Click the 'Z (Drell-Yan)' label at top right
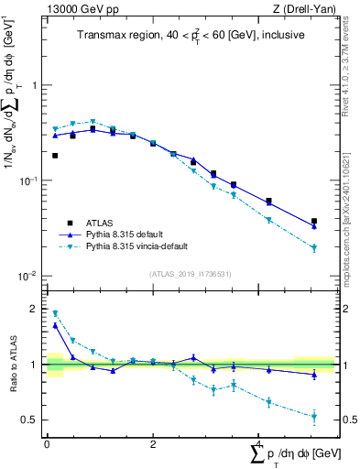[x=303, y=8]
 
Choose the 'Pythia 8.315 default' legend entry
[x=128, y=234]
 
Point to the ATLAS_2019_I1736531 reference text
[x=191, y=274]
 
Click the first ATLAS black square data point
[x=55, y=156]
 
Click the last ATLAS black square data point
[x=314, y=221]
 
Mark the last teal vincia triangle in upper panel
[x=314, y=248]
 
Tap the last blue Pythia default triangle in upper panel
[x=314, y=225]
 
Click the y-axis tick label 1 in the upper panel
[x=35, y=85]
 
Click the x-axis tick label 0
[x=46, y=443]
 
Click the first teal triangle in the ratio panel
[x=55, y=313]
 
